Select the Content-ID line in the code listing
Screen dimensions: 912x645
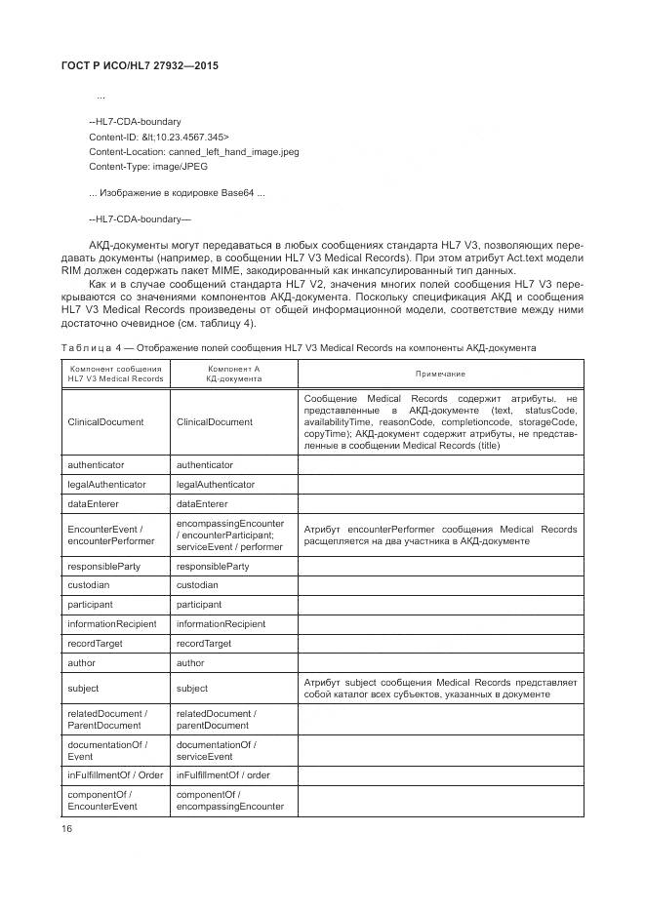(158, 138)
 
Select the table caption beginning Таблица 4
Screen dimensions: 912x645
(299, 348)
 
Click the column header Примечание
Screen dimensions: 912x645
(440, 375)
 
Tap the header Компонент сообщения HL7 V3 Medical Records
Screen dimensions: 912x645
(115, 375)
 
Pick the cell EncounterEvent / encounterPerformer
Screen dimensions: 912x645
(110, 535)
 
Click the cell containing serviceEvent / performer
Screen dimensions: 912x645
(229, 546)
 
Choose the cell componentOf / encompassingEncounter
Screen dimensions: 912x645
(229, 800)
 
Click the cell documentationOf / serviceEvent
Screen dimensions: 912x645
(216, 749)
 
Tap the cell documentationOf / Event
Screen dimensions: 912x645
(106, 749)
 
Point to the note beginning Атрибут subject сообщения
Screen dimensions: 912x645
(440, 688)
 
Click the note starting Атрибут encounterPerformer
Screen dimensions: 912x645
(440, 535)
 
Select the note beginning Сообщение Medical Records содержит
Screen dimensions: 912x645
(440, 421)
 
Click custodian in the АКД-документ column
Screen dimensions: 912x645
(197, 585)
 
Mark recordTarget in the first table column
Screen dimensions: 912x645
(95, 644)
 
